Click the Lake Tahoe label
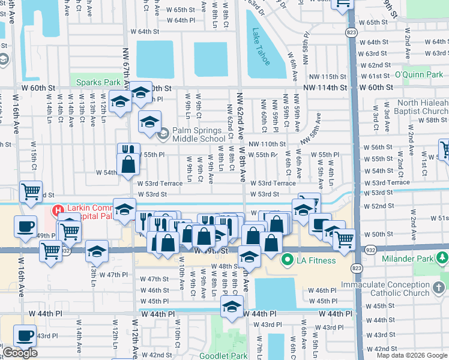tap(262, 46)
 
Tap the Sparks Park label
tap(95, 82)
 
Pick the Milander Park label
tap(410, 259)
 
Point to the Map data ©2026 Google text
tap(412, 355)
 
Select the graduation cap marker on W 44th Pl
tap(231, 307)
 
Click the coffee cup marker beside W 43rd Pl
tap(25, 336)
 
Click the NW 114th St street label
tap(325, 88)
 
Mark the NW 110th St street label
tap(267, 144)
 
